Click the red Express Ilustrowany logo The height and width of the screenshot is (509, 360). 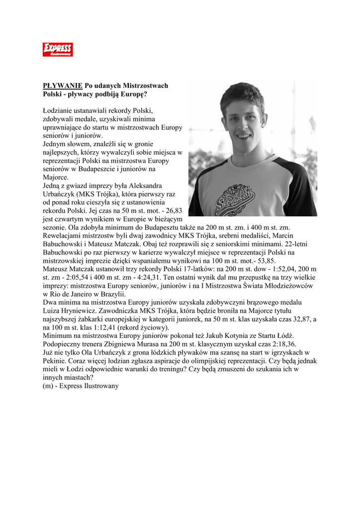point(58,49)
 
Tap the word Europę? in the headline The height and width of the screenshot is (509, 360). point(131,93)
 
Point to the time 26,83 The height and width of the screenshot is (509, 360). point(174,210)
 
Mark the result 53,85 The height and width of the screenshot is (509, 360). point(264,260)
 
